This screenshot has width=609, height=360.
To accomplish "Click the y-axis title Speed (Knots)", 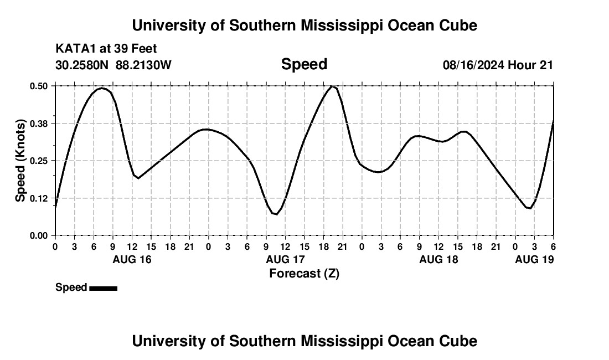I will point(20,161).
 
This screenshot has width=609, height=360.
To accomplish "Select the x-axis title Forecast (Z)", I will point(304,273).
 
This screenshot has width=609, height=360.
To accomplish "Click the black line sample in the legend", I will point(103,288).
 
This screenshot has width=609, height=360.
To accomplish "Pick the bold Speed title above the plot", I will point(304,64).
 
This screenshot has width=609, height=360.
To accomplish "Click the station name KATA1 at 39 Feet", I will point(106,49).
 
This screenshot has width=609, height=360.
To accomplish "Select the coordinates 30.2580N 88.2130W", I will point(113,65).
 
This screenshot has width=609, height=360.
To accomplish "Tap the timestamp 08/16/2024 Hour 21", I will point(498,65).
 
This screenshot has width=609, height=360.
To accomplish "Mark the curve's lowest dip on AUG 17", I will point(275,214).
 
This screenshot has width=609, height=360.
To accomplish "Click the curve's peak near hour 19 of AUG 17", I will point(332,86).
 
